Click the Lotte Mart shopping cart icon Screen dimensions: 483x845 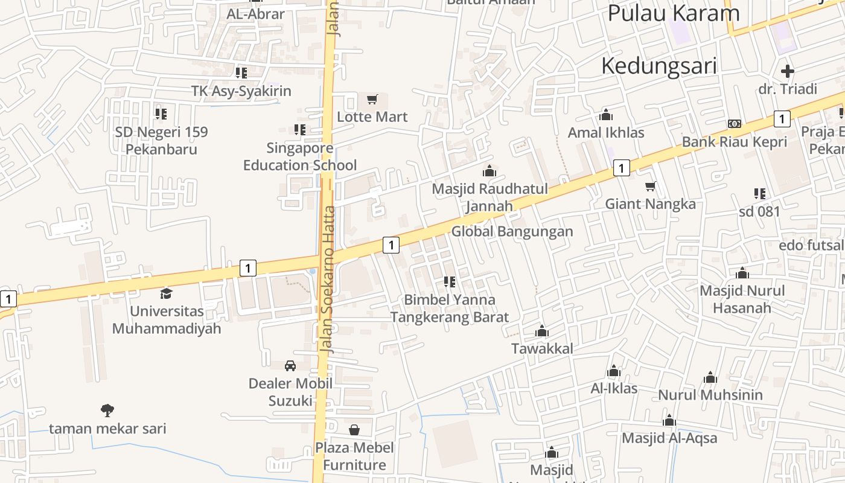tap(372, 99)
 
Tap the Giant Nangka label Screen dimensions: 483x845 tap(650, 204)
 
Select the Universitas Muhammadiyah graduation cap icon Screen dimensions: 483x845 tap(166, 294)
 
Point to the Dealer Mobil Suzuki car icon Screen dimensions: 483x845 tap(290, 366)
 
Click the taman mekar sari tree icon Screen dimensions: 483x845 tap(107, 411)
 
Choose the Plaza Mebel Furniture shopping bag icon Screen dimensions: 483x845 tap(354, 430)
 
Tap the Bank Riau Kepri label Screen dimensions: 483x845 tap(735, 142)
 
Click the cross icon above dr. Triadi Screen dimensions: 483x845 tap(787, 71)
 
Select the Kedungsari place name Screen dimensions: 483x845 tap(658, 66)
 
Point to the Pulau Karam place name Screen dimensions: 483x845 tap(673, 13)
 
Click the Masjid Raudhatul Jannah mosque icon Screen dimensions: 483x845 tap(489, 171)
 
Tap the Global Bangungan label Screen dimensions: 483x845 tap(512, 231)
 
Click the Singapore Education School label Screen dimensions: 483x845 tap(300, 157)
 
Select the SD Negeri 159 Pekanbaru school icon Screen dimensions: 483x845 tap(161, 114)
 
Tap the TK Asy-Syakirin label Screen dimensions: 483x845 tap(241, 91)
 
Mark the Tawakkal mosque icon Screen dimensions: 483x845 tap(541, 331)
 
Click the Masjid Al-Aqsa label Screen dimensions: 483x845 tap(669, 438)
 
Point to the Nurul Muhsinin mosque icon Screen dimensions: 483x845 tap(710, 378)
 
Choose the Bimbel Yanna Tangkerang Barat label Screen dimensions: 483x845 tap(449, 308)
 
